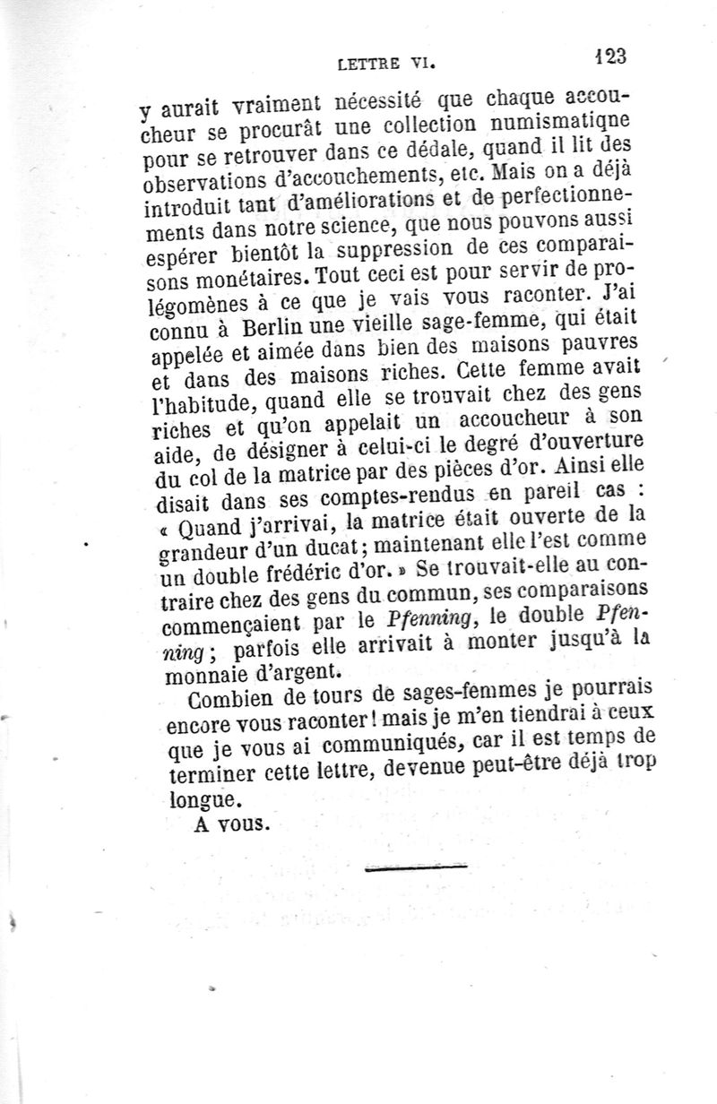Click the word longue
point(202,797)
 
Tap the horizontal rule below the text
point(417,867)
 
